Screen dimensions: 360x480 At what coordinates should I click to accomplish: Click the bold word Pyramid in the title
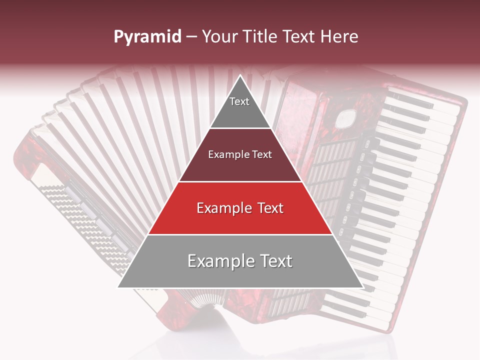click(147, 36)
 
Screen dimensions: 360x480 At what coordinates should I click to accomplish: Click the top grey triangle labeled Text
click(240, 107)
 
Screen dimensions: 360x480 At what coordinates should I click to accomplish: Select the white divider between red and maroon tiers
click(240, 181)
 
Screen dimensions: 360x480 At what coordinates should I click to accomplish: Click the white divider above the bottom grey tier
click(240, 234)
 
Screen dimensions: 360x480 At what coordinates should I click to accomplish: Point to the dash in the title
click(191, 36)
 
